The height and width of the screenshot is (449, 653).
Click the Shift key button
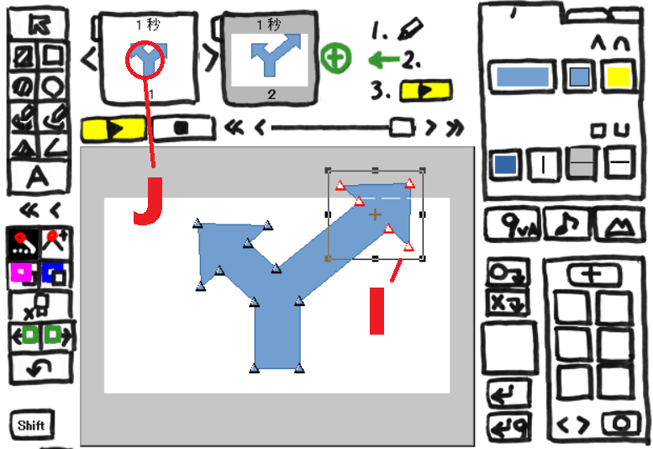32,425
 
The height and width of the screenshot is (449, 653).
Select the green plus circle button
336,58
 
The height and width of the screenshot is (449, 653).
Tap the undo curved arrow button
39,367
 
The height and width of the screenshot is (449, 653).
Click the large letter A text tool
39,177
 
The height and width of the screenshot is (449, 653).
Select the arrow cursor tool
39,24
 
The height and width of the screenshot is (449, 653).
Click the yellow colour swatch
618,77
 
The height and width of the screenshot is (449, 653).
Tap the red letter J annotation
148,201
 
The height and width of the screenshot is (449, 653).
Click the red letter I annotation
377,311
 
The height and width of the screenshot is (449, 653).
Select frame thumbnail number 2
271,58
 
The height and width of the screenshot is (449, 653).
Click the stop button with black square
183,129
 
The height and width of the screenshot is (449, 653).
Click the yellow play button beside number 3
425,91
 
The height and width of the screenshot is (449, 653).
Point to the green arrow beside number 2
384,60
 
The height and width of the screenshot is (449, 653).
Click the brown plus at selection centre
375,215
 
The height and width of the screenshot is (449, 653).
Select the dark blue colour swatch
506,165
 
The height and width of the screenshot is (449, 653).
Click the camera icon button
620,425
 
